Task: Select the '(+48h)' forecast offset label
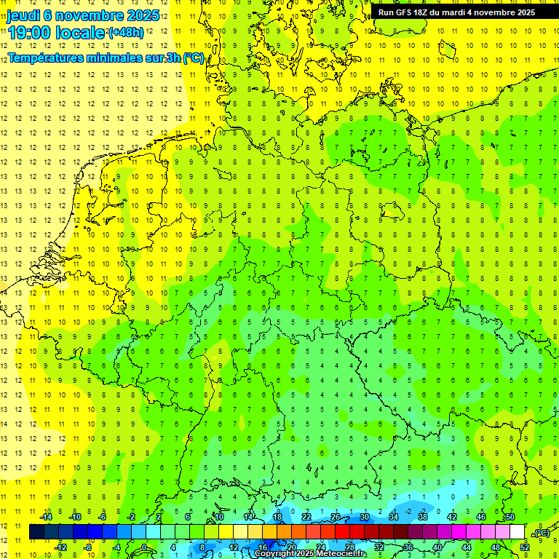pos(126,33)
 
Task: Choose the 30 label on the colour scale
pos(364,518)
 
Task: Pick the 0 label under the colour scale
pos(144,547)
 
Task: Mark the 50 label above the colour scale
pos(510,518)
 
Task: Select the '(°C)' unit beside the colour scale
pos(541,534)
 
